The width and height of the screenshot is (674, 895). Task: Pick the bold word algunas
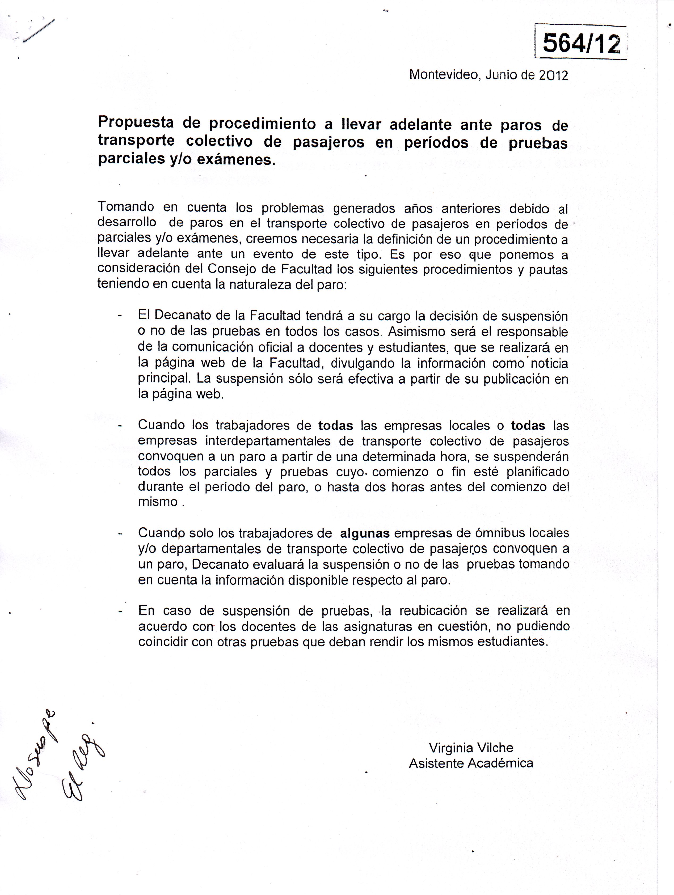365,533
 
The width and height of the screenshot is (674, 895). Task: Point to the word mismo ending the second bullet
158,502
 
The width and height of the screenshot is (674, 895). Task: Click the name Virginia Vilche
471,748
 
